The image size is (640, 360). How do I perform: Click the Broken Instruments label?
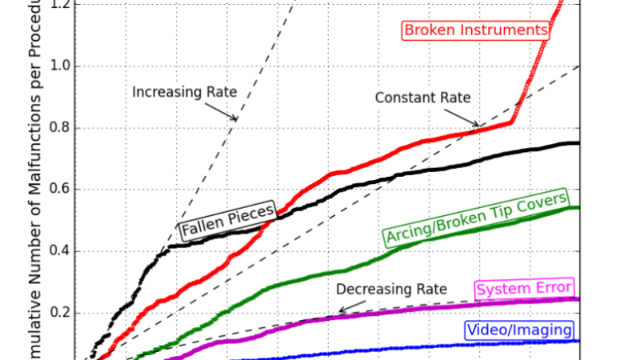(x=477, y=30)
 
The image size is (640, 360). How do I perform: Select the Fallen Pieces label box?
(x=227, y=222)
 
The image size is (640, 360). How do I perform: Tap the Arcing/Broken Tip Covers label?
(x=476, y=218)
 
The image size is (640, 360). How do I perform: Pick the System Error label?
(x=524, y=289)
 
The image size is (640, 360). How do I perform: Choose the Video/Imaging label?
(x=518, y=330)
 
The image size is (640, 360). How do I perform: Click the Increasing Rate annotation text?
(x=185, y=92)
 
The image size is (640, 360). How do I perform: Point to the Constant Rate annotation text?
(x=422, y=98)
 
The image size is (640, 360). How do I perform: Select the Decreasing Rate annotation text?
(x=391, y=289)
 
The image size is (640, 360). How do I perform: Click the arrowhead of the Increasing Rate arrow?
(x=237, y=120)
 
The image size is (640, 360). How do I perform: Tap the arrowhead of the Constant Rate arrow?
(x=478, y=126)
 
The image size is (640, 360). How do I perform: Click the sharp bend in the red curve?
(x=513, y=122)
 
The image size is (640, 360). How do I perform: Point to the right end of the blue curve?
(x=578, y=342)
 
